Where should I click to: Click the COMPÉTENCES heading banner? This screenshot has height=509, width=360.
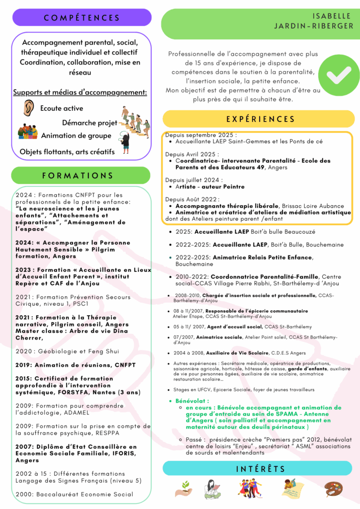coord(82,18)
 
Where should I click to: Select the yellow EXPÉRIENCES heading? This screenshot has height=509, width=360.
coord(260,119)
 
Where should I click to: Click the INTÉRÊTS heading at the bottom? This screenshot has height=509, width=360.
coord(260,468)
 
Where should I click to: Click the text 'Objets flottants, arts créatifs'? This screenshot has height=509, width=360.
coord(67,152)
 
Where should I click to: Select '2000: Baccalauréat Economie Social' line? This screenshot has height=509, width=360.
coord(74,494)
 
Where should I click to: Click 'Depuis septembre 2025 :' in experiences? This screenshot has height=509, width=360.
coord(201,135)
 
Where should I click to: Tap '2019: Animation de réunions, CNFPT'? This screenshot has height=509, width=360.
coord(75,364)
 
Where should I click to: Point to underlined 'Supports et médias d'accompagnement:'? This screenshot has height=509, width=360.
coord(80,92)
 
